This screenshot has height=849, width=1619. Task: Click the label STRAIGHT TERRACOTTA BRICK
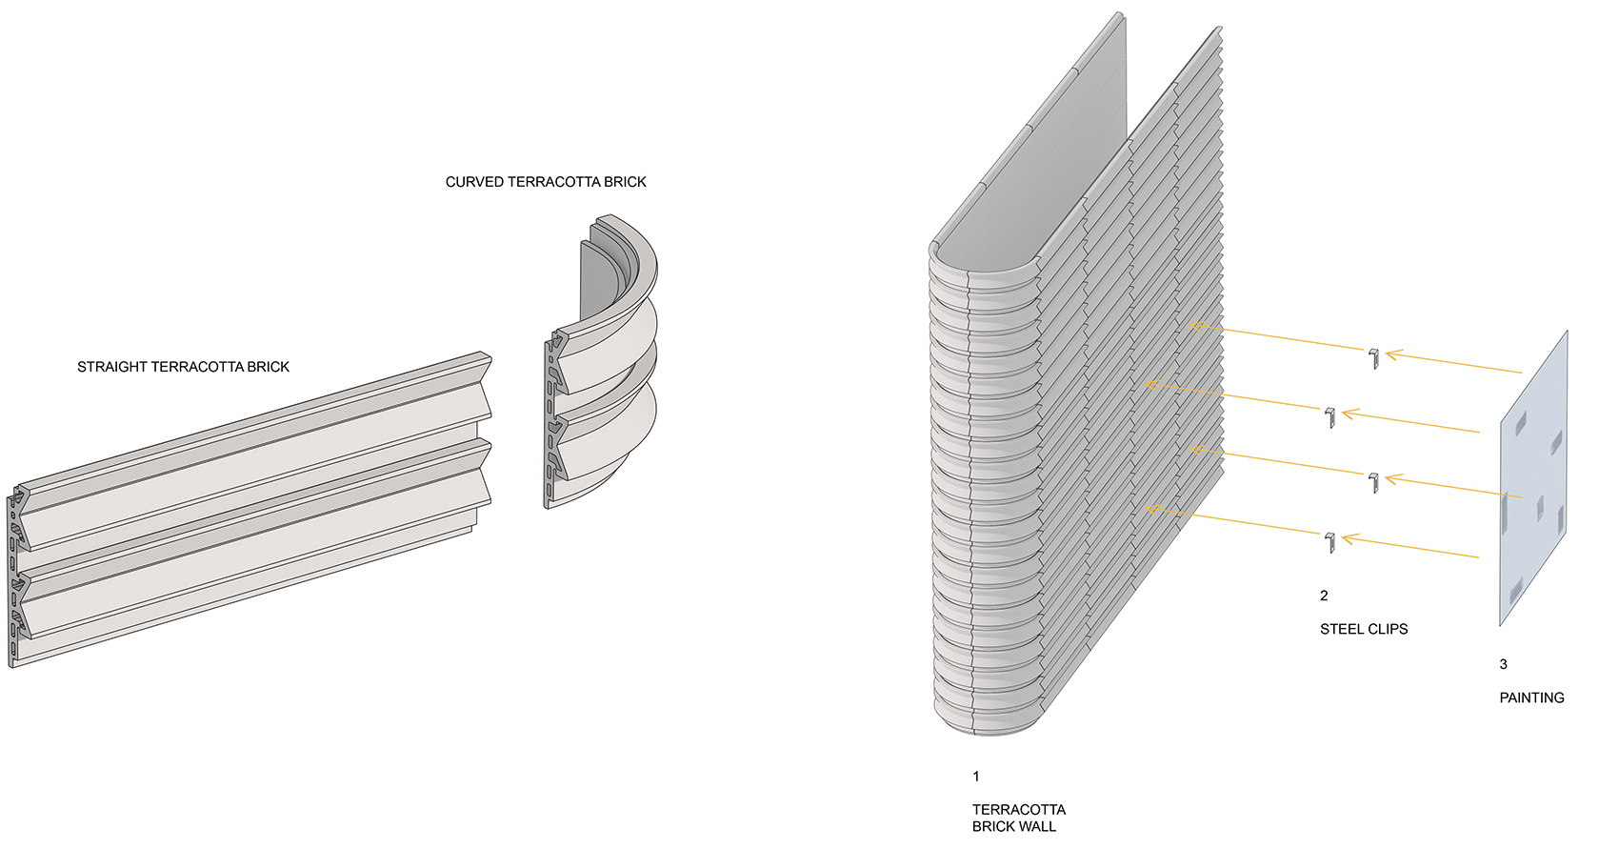pos(183,367)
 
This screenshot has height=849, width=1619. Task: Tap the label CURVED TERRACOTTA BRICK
pos(546,181)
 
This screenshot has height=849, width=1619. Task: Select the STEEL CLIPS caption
pos(1364,629)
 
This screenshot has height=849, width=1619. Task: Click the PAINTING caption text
pos(1531,697)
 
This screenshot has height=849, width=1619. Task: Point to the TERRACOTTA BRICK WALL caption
pos(1018,818)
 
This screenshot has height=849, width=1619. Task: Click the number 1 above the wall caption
pos(976,777)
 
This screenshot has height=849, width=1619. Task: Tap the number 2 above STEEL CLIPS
pos(1324,596)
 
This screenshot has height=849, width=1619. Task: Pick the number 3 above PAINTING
pos(1504,664)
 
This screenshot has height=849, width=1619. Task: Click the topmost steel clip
pos(1373,358)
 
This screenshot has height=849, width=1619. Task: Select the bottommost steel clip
pos(1329,541)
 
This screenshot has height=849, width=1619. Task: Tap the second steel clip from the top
pos(1329,417)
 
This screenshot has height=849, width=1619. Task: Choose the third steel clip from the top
pos(1373,482)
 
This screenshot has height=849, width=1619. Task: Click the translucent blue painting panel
pos(1533,478)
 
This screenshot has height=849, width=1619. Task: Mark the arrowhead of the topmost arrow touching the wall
pos(1194,327)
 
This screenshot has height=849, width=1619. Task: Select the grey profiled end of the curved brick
pos(553,419)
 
